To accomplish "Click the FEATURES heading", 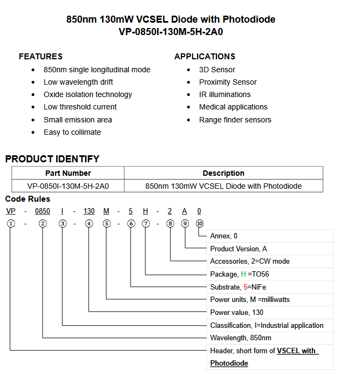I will click(x=40, y=57).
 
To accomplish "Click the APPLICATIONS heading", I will click(x=205, y=57).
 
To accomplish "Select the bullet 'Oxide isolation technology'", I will click(x=87, y=94).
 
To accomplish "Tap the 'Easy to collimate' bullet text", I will click(x=72, y=132).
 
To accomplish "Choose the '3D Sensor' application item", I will click(x=217, y=70).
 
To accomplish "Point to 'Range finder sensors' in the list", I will click(x=235, y=120).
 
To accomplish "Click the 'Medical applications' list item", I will click(x=233, y=107).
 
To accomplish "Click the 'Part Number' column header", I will click(x=68, y=173).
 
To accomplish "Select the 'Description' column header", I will click(x=223, y=173).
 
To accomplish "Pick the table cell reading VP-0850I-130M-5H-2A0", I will click(x=68, y=186).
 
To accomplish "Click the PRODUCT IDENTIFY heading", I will click(x=52, y=159).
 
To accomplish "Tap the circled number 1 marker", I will click(x=11, y=223).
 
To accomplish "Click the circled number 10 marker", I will click(x=200, y=223).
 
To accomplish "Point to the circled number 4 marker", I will click(x=89, y=223).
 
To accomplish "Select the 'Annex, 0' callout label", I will click(x=223, y=236).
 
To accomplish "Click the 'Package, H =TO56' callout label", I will click(x=239, y=274).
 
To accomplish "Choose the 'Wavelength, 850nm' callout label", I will click(x=240, y=338).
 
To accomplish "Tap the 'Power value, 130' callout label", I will click(x=236, y=312).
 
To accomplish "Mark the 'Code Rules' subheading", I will click(x=28, y=199).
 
